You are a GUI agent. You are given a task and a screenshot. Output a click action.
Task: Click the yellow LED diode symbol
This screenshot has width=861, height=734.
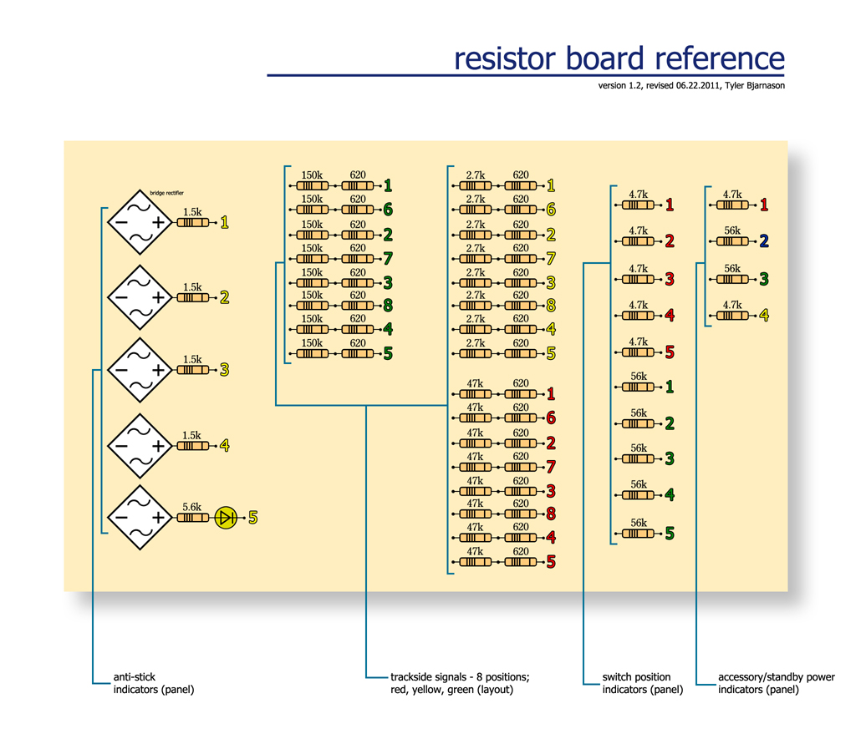point(226,518)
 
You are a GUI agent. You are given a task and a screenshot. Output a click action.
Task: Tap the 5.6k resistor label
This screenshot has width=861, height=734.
point(191,507)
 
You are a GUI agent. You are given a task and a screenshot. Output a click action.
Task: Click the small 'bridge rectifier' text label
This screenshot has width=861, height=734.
point(167,193)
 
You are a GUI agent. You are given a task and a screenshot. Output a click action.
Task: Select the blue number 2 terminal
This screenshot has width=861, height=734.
point(764,240)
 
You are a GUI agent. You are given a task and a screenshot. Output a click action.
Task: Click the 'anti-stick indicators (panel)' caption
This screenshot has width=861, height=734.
point(154,683)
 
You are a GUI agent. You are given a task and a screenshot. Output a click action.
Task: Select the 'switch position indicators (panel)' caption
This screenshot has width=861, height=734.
point(643,683)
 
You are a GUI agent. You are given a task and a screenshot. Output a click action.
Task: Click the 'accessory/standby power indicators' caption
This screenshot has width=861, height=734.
point(777,683)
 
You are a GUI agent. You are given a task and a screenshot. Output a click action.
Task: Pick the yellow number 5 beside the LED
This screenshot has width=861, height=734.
point(252,518)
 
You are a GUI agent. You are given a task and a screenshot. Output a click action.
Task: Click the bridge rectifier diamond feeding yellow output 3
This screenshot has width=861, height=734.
point(140,370)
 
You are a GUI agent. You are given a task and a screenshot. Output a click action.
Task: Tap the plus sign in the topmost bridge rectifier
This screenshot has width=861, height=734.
point(158,222)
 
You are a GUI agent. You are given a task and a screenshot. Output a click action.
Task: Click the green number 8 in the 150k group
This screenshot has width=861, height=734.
point(388,305)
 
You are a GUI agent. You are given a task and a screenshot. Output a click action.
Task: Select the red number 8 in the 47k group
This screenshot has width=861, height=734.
point(551,514)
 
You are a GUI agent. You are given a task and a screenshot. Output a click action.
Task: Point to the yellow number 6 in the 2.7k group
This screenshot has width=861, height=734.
point(551,209)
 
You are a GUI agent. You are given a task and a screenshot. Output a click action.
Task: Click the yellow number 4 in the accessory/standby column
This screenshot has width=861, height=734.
point(764,316)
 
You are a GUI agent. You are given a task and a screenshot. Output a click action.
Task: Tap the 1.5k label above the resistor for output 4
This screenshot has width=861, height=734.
point(191,435)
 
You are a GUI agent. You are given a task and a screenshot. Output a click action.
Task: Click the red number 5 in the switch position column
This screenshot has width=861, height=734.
point(670,352)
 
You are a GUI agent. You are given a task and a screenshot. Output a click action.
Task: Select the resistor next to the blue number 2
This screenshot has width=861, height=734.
point(732,240)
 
